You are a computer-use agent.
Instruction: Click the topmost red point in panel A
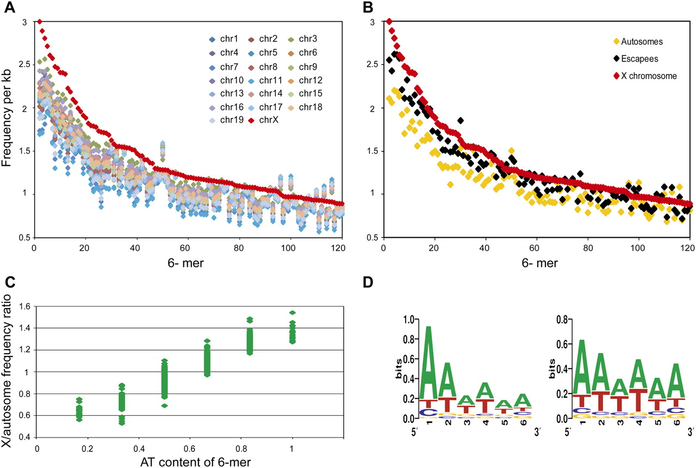click(40, 22)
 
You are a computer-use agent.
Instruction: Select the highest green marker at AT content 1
click(292, 312)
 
